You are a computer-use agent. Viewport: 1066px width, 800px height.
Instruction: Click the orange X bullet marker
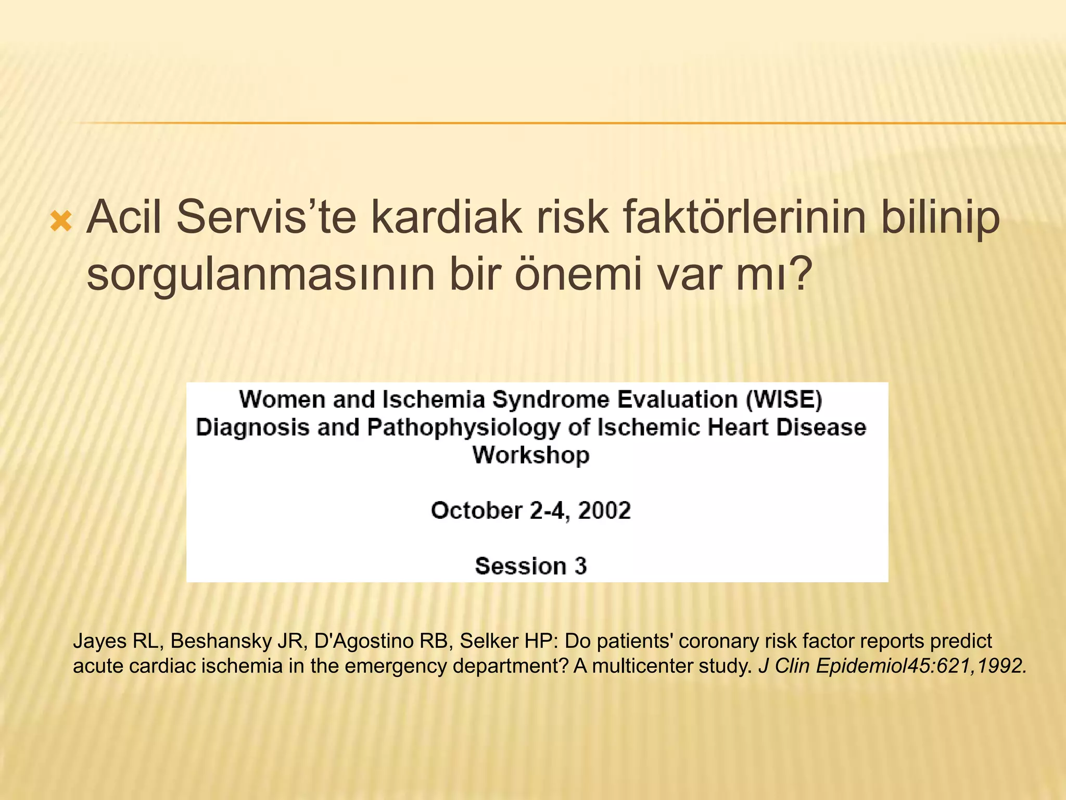61,222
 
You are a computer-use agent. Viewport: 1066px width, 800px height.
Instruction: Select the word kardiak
446,217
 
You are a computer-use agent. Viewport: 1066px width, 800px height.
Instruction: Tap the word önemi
578,274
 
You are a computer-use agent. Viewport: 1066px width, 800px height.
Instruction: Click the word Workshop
531,455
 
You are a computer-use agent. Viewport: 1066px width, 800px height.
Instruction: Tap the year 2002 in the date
604,510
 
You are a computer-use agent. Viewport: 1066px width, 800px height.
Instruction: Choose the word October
476,510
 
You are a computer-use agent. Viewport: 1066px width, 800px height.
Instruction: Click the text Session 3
531,566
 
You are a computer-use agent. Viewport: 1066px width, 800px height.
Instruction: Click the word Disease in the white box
821,428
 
